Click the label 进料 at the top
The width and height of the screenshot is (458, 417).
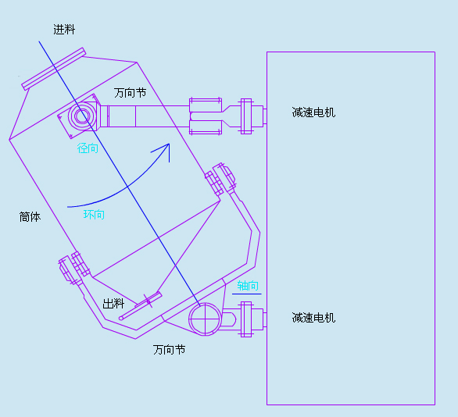pos(64,30)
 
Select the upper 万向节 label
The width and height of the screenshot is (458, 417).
pos(130,93)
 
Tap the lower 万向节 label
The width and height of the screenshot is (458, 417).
pos(169,349)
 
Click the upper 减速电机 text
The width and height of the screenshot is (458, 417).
pos(313,112)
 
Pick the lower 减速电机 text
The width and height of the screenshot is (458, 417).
pos(313,318)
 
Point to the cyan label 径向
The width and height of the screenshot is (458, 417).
pos(88,148)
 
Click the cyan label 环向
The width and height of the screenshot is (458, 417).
pos(94,215)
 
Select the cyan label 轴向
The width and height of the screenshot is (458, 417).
pos(248,285)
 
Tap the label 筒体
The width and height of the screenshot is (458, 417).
pos(30,217)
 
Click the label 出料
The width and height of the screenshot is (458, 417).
pos(113,304)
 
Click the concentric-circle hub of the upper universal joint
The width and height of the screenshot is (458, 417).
pos(82,116)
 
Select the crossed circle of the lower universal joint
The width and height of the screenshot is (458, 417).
pos(205,319)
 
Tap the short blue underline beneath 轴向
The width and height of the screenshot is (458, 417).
pos(247,294)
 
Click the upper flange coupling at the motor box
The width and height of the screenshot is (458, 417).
pos(246,116)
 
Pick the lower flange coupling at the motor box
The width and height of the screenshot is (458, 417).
pos(246,319)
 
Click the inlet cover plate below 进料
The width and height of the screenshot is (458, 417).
pos(54,69)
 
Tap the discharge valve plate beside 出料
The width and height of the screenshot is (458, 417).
pos(141,306)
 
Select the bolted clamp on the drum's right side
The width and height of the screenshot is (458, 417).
pos(220,179)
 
